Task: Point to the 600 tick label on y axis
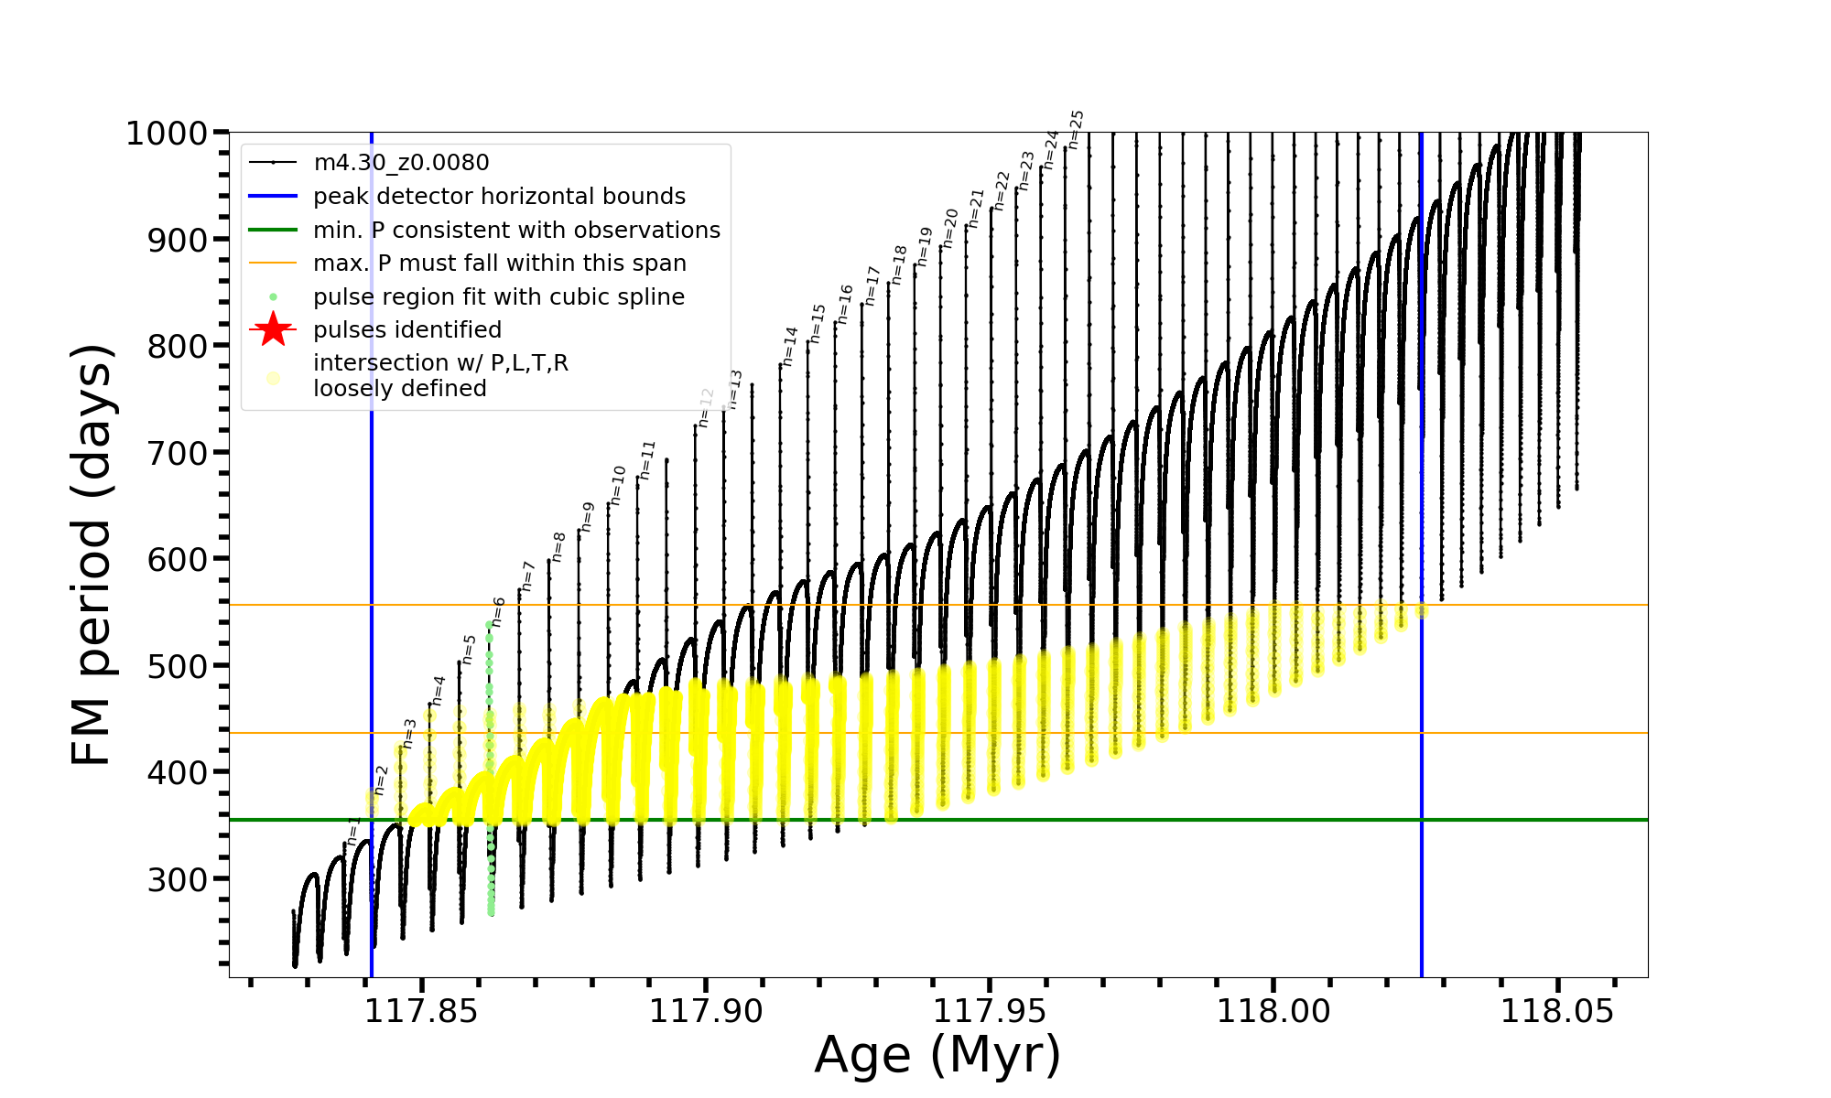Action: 178,559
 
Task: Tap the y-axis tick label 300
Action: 178,879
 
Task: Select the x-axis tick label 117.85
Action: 421,1011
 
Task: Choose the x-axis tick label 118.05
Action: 1557,1011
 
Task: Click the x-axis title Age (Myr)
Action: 937,1055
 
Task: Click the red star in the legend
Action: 273,329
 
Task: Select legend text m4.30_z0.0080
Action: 401,163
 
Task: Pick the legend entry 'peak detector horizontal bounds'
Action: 499,197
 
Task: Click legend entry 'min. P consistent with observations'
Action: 516,231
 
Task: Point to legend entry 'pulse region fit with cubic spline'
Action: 499,297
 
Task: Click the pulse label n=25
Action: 1077,129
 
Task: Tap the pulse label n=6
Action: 498,611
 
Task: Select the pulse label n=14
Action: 790,347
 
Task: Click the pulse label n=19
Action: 924,247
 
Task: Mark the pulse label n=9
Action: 588,517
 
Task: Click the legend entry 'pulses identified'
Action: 407,330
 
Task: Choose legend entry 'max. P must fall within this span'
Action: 500,264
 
